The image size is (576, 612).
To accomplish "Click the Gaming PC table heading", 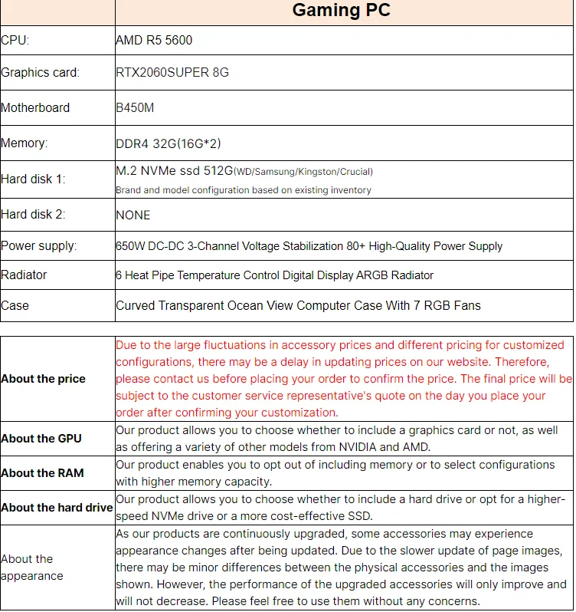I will [341, 11].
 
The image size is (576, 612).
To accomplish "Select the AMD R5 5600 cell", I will [159, 41].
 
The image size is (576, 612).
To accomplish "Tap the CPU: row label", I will [15, 41].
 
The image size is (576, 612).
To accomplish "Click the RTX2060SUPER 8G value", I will [172, 73].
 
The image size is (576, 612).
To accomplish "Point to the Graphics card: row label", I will [40, 73].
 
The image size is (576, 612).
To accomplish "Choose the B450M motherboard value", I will [135, 107].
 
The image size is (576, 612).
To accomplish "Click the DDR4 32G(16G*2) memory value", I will [169, 143].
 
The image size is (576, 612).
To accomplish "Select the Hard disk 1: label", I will [33, 179].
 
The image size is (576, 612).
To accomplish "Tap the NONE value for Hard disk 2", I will [133, 215].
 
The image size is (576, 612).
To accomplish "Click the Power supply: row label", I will [39, 246].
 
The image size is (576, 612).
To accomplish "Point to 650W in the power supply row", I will [129, 246].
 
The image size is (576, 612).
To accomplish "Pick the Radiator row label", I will [24, 275].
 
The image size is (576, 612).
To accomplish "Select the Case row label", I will [15, 305].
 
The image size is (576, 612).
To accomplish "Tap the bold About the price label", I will [44, 379].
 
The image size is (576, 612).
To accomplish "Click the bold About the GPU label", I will [41, 439].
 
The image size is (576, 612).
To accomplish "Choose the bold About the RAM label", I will [42, 473].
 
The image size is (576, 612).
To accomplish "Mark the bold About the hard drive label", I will [57, 508].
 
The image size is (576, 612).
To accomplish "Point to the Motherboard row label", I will [35, 107].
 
